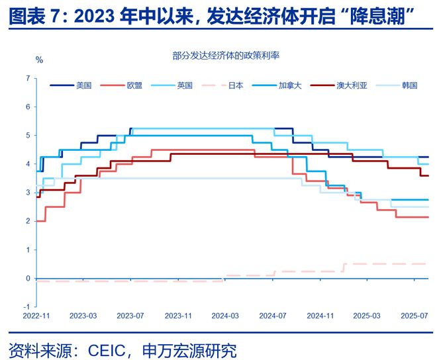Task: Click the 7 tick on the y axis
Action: (27, 78)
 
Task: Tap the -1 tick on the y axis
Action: (26, 307)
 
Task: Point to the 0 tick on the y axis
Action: (27, 279)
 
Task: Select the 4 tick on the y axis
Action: (27, 164)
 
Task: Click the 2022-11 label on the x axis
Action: (36, 316)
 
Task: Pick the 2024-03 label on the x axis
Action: (225, 316)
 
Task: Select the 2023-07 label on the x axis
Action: (130, 316)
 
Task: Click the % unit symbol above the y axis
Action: (39, 60)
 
